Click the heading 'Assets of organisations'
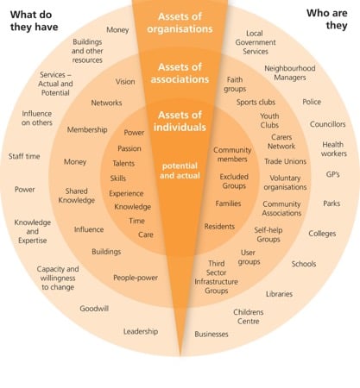[180, 22]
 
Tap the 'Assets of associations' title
[180, 73]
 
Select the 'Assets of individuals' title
[180, 121]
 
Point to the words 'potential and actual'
[180, 171]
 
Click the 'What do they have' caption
[35, 21]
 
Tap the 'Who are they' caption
[327, 19]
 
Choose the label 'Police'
[312, 102]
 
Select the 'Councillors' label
[327, 124]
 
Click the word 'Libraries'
[279, 294]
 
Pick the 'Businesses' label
[212, 334]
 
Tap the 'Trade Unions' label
[285, 161]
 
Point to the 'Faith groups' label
[235, 84]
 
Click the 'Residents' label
[219, 227]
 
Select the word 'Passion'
[129, 148]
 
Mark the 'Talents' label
[123, 164]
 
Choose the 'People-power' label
[136, 278]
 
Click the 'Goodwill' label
[94, 309]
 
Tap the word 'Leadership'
[141, 331]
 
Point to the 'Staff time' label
[24, 156]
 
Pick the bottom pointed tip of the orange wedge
[180, 355]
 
